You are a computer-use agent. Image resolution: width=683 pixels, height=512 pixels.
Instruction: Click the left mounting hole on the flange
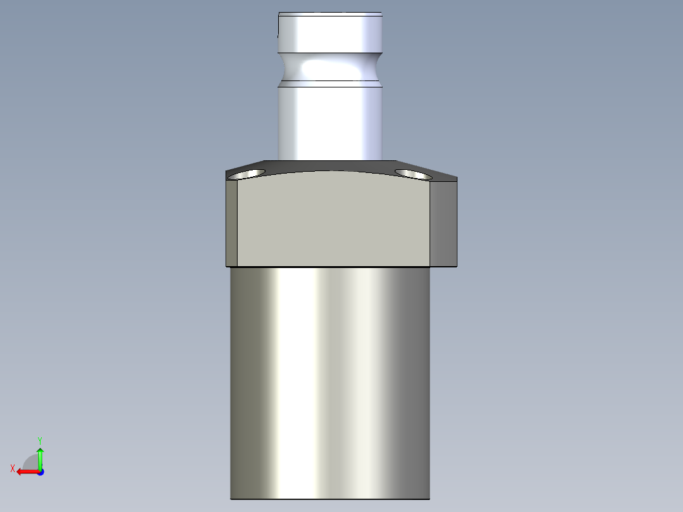(248, 174)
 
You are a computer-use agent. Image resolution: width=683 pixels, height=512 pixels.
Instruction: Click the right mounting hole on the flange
(412, 173)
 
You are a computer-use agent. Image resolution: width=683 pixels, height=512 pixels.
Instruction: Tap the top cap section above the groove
(330, 33)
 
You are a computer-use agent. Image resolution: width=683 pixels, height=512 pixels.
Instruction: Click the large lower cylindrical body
(329, 380)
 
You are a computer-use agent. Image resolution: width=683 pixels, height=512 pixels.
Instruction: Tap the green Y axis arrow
(40, 456)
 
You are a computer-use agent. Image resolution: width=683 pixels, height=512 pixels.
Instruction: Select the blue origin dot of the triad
(40, 471)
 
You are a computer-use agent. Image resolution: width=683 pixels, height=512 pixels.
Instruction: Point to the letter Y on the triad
(40, 440)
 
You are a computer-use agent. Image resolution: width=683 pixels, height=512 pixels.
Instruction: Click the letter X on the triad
(13, 468)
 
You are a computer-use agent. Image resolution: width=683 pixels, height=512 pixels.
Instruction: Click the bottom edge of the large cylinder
(329, 499)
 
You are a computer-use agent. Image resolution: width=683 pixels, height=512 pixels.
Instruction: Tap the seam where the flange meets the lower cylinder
(329, 267)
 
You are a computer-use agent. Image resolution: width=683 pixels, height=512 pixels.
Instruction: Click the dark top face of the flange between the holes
(329, 166)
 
